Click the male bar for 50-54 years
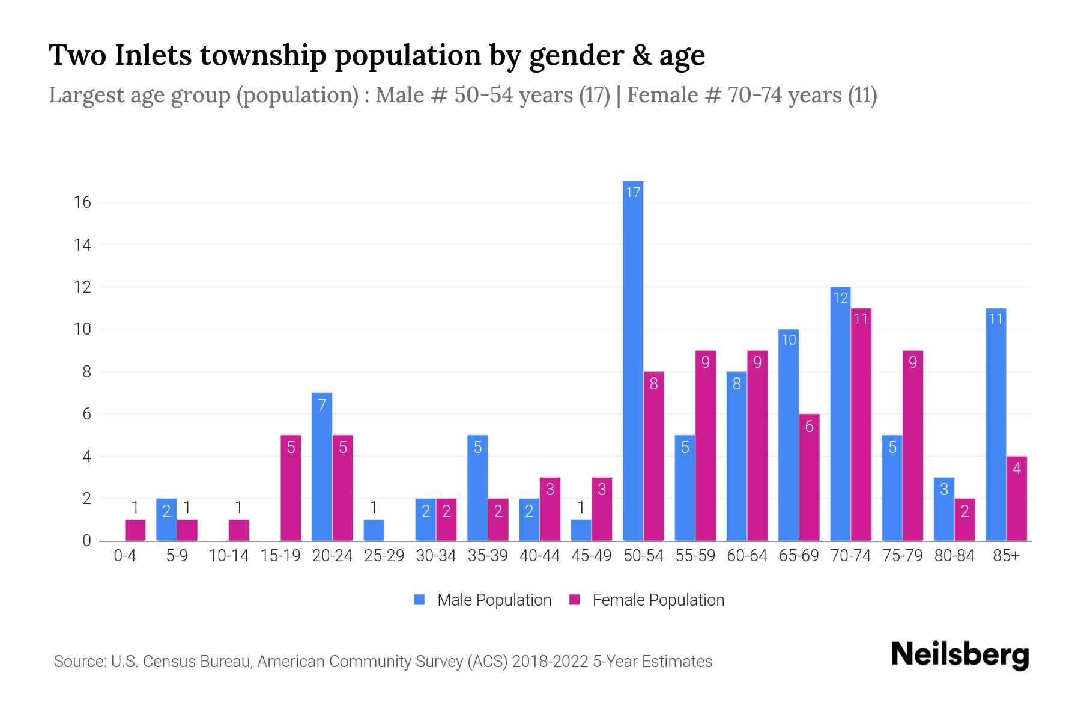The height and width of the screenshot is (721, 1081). point(632,360)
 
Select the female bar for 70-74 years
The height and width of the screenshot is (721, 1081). point(861,424)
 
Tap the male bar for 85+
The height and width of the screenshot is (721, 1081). point(995,424)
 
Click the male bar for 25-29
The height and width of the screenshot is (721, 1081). point(374,530)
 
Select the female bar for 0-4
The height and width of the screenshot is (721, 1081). point(135,530)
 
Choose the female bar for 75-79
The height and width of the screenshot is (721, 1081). point(912,445)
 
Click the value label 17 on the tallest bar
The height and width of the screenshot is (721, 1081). point(633,192)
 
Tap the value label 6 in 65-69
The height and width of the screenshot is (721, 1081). point(809,427)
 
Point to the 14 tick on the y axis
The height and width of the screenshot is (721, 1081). point(83,245)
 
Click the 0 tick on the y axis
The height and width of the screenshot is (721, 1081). point(86,541)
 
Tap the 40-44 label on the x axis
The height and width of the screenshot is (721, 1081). point(539,556)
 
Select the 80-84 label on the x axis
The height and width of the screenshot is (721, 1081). point(954,556)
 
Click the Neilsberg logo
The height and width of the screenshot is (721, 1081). point(960,655)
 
